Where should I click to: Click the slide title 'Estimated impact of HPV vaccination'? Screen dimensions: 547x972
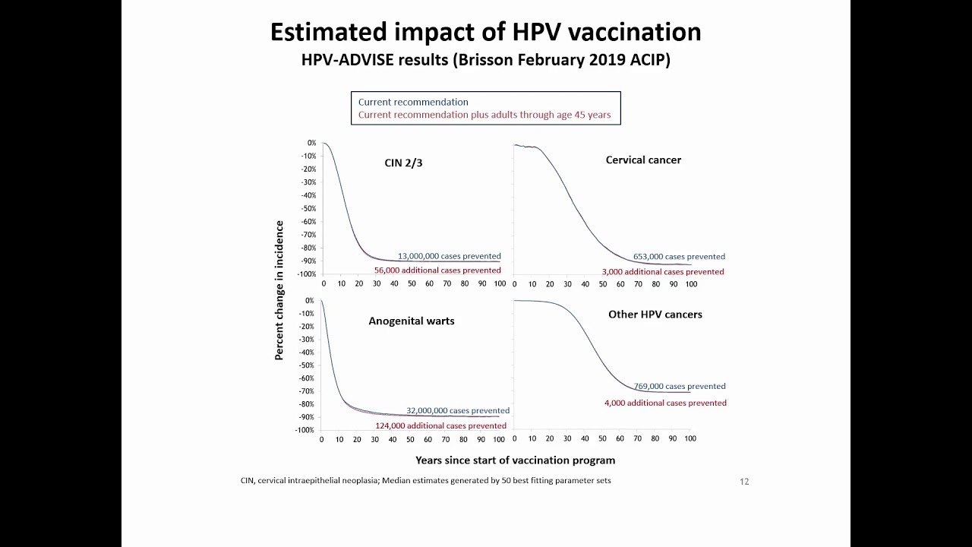coord(485,32)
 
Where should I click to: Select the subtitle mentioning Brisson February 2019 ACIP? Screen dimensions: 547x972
coord(485,60)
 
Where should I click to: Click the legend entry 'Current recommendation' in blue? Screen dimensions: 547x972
coord(413,102)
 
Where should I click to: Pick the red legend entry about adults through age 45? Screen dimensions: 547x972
coord(484,115)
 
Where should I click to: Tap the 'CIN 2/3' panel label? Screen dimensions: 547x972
coord(403,162)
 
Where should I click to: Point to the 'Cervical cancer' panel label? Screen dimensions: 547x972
coord(643,160)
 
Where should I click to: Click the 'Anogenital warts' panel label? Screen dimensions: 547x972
coord(411,321)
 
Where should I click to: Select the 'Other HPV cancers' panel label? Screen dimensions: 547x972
coord(655,314)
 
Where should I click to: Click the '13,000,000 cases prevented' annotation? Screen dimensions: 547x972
coord(449,256)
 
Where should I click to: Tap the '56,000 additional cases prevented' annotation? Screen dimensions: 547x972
coord(437,270)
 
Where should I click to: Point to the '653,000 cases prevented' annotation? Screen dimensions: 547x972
coord(679,256)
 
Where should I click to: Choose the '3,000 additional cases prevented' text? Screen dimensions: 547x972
coord(663,271)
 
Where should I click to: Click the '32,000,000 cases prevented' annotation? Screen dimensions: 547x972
coord(457,410)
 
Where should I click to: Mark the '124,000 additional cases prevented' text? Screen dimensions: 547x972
coord(440,425)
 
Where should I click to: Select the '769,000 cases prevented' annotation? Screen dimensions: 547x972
coord(680,386)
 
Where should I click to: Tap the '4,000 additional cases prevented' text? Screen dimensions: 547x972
coord(665,403)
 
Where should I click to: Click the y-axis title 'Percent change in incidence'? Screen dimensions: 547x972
coord(279,290)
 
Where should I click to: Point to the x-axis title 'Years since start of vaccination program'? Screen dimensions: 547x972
coord(515,460)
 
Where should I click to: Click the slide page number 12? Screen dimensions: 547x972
coord(744,482)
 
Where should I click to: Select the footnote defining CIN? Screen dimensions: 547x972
coord(425,480)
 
